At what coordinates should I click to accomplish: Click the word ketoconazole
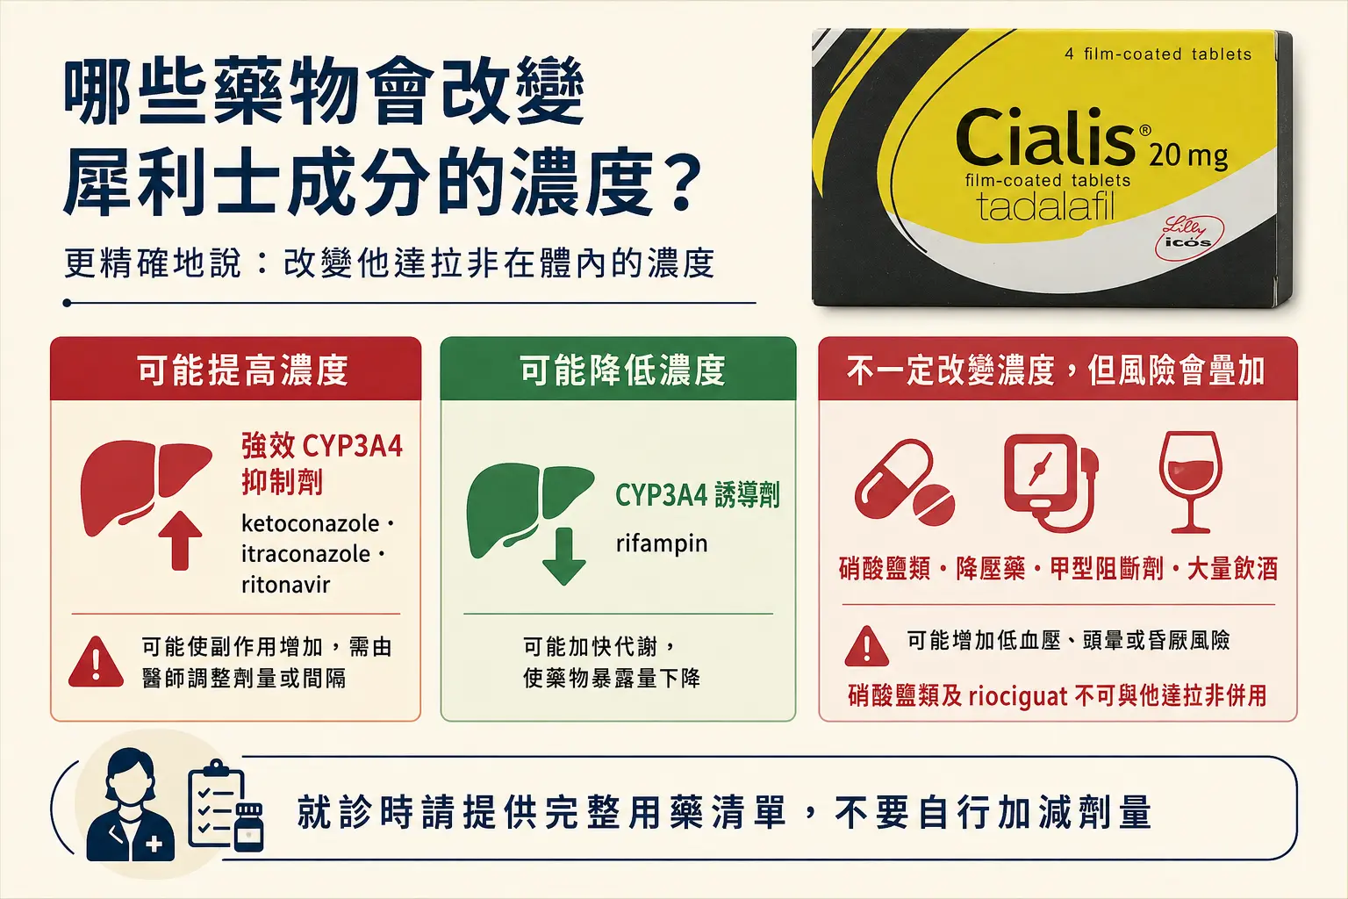[310, 524]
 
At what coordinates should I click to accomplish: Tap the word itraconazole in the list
[305, 554]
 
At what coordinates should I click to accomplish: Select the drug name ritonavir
[286, 585]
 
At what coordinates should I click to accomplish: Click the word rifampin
[662, 543]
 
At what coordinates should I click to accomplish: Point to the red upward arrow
[180, 540]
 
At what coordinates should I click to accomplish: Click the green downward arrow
[564, 556]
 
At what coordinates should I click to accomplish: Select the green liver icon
[529, 509]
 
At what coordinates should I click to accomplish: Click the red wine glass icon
[1190, 482]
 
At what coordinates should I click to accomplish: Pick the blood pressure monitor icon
[1050, 482]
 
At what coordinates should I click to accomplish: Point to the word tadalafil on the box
[1046, 206]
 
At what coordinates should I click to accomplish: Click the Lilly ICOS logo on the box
[1188, 238]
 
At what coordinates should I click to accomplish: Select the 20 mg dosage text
[1188, 156]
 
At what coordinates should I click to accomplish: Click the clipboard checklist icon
[225, 806]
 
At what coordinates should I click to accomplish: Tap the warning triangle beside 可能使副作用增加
[96, 663]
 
